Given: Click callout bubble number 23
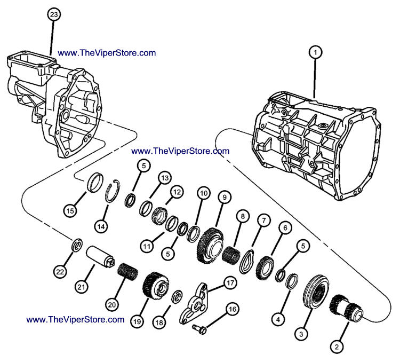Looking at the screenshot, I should [x=53, y=14].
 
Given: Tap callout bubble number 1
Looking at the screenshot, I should [x=316, y=52].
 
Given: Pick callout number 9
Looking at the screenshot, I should [x=224, y=198].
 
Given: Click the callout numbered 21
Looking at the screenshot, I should [x=81, y=287].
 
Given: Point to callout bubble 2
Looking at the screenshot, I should [x=336, y=347].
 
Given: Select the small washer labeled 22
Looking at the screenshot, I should [x=77, y=246].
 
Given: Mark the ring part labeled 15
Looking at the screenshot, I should [x=97, y=180].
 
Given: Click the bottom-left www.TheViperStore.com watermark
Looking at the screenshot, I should [x=75, y=319].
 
